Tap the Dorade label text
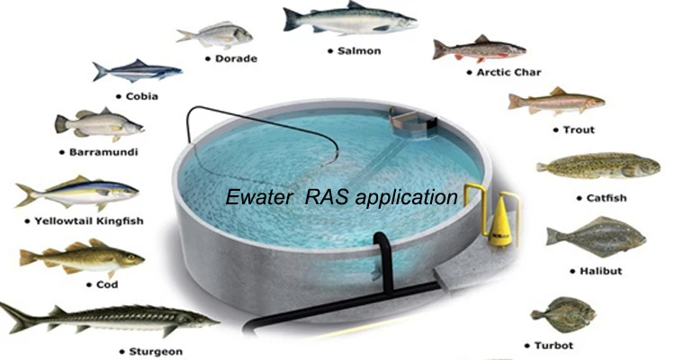pyautogui.click(x=236, y=58)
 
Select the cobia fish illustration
pyautogui.click(x=135, y=69)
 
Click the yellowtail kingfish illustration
pyautogui.click(x=76, y=193)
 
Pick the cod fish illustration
pyautogui.click(x=81, y=259)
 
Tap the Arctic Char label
pyautogui.click(x=509, y=72)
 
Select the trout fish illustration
pyautogui.click(x=556, y=101)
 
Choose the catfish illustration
pyautogui.click(x=591, y=166)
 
